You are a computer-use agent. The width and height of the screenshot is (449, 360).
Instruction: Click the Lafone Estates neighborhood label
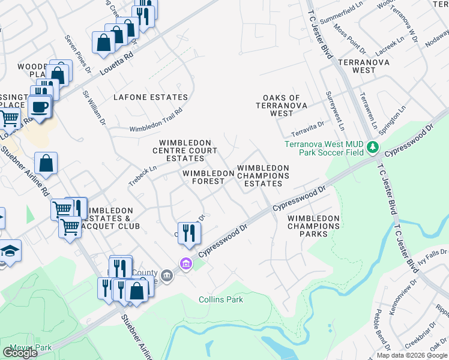click(x=151, y=97)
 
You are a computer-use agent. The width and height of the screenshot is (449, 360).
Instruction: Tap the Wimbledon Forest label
click(x=208, y=177)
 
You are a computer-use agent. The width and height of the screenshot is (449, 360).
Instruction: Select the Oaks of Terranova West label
click(x=286, y=106)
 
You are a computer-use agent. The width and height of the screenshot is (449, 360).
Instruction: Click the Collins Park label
click(x=221, y=299)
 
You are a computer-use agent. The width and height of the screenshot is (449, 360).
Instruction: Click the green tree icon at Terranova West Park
click(x=373, y=146)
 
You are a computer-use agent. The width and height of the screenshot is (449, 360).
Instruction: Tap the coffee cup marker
click(x=40, y=107)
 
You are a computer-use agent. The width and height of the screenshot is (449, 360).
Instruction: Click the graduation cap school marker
click(x=9, y=250)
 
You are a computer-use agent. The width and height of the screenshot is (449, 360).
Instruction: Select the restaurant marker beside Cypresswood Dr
click(x=189, y=233)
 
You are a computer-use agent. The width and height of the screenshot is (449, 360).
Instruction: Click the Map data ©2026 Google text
click(x=412, y=355)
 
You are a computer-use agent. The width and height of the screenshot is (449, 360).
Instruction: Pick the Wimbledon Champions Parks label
click(x=313, y=226)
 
